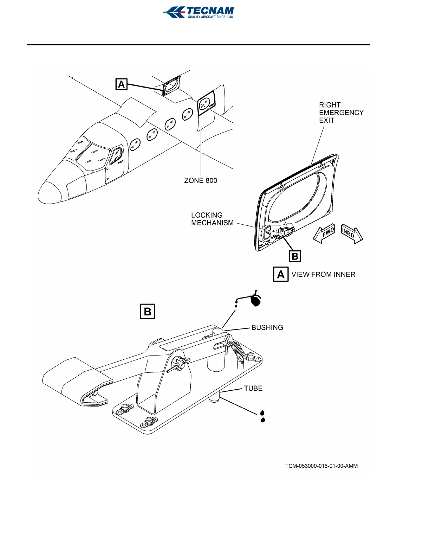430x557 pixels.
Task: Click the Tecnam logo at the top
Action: click(x=198, y=12)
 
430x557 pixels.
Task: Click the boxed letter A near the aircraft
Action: click(x=121, y=84)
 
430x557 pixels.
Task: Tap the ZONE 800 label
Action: click(x=201, y=180)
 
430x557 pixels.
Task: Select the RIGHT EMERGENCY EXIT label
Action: click(x=341, y=113)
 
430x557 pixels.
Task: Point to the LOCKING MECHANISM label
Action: click(x=212, y=219)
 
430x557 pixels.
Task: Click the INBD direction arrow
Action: click(x=351, y=233)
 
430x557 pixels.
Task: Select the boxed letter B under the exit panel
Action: click(x=295, y=256)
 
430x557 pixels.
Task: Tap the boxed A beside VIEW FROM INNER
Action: click(x=281, y=274)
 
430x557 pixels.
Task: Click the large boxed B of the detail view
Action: click(x=148, y=312)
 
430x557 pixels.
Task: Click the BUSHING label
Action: click(x=267, y=328)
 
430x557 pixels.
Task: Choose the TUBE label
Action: click(x=253, y=388)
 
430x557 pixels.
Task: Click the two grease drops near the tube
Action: click(x=262, y=416)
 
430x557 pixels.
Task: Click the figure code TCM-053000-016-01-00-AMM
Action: click(x=321, y=466)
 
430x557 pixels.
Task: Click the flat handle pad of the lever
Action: click(x=76, y=378)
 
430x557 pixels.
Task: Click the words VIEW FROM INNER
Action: click(x=323, y=274)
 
